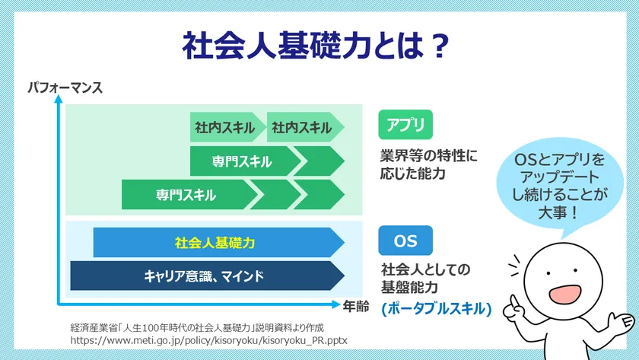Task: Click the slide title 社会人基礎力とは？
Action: click(314, 46)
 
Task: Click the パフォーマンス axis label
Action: click(65, 88)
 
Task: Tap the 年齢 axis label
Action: click(355, 306)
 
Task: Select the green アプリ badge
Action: click(405, 124)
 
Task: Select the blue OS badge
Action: click(405, 241)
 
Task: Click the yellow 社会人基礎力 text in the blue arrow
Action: click(215, 243)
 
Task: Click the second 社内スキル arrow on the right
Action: click(303, 127)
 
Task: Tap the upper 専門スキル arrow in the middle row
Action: click(242, 161)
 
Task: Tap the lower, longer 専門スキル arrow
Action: click(186, 195)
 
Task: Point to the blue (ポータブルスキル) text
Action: click(437, 309)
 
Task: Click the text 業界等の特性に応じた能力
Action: click(428, 164)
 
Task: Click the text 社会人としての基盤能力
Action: click(426, 278)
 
